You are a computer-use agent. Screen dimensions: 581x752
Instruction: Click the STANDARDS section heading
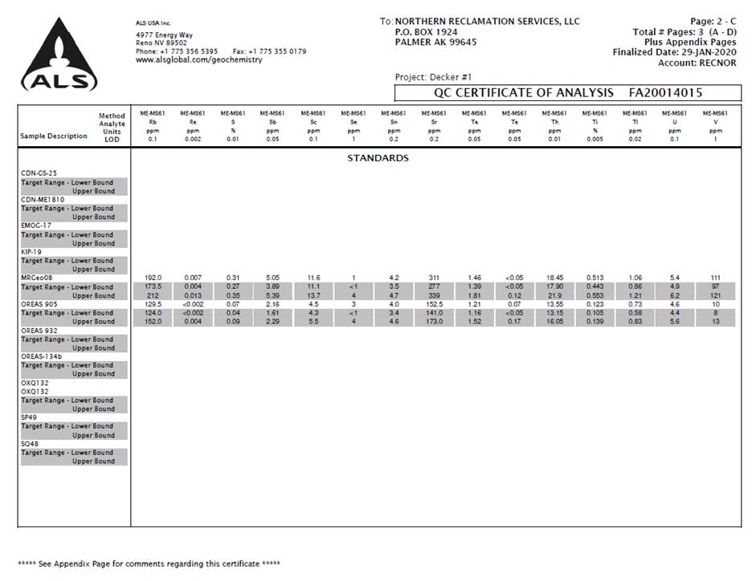coord(378,158)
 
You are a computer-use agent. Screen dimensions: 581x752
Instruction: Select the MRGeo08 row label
coord(37,278)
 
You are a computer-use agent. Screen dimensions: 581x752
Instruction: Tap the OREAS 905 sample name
coord(40,304)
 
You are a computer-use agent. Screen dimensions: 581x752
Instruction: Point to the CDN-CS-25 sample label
coord(39,173)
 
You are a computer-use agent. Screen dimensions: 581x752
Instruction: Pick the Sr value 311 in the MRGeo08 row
coord(434,278)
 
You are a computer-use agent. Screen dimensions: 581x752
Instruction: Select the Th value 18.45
coord(554,278)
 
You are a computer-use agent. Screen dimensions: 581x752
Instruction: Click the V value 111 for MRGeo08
coord(715,278)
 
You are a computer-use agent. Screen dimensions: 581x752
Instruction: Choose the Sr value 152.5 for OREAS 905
coord(434,304)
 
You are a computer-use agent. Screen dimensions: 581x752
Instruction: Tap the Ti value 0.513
coord(595,278)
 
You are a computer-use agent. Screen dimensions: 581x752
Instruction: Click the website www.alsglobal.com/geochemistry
coord(198,60)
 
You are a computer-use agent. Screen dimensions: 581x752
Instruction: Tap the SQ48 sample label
coord(30,444)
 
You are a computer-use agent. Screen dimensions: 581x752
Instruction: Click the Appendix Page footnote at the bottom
coord(149,564)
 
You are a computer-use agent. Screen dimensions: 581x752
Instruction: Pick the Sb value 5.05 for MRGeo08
coord(273,278)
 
